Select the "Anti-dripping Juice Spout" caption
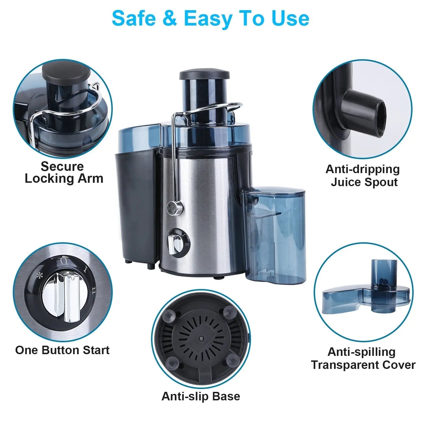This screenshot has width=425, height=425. pos(363,175)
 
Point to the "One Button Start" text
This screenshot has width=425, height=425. pos(62,350)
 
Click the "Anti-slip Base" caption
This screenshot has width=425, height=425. pos(201,396)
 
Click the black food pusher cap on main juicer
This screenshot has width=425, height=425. pos(204,75)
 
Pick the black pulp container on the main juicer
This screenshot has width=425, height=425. pos(136,207)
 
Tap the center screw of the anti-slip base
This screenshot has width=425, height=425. pos(201,338)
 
